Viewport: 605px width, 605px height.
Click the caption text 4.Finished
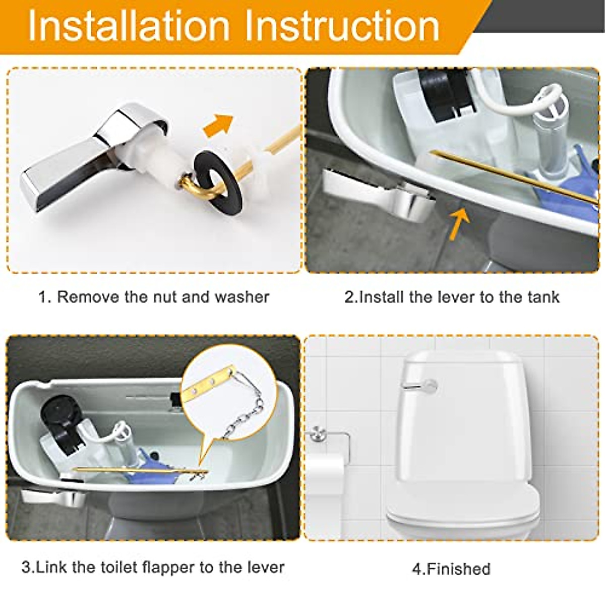click(x=451, y=569)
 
